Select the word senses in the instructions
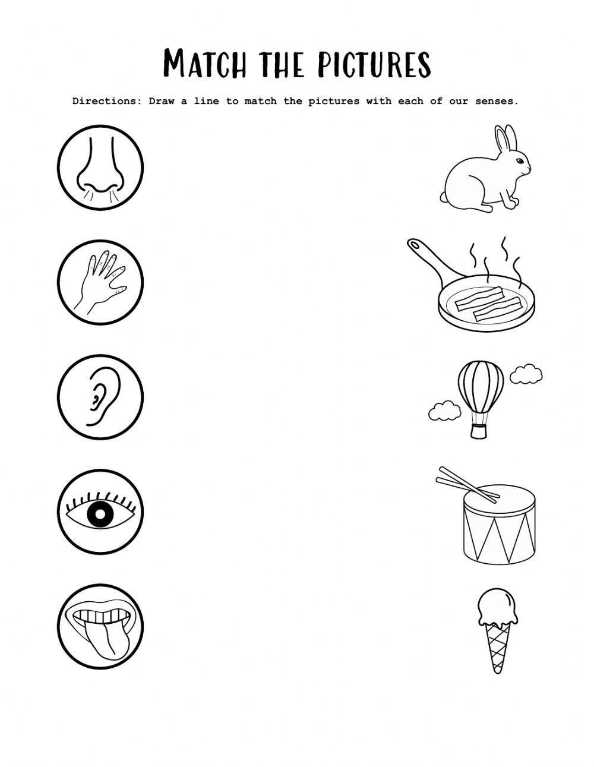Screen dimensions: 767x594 [x=496, y=101]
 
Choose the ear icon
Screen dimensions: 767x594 [x=98, y=396]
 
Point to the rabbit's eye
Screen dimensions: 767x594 [x=520, y=162]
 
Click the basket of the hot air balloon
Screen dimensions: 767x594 [x=479, y=430]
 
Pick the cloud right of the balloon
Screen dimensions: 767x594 [x=526, y=374]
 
